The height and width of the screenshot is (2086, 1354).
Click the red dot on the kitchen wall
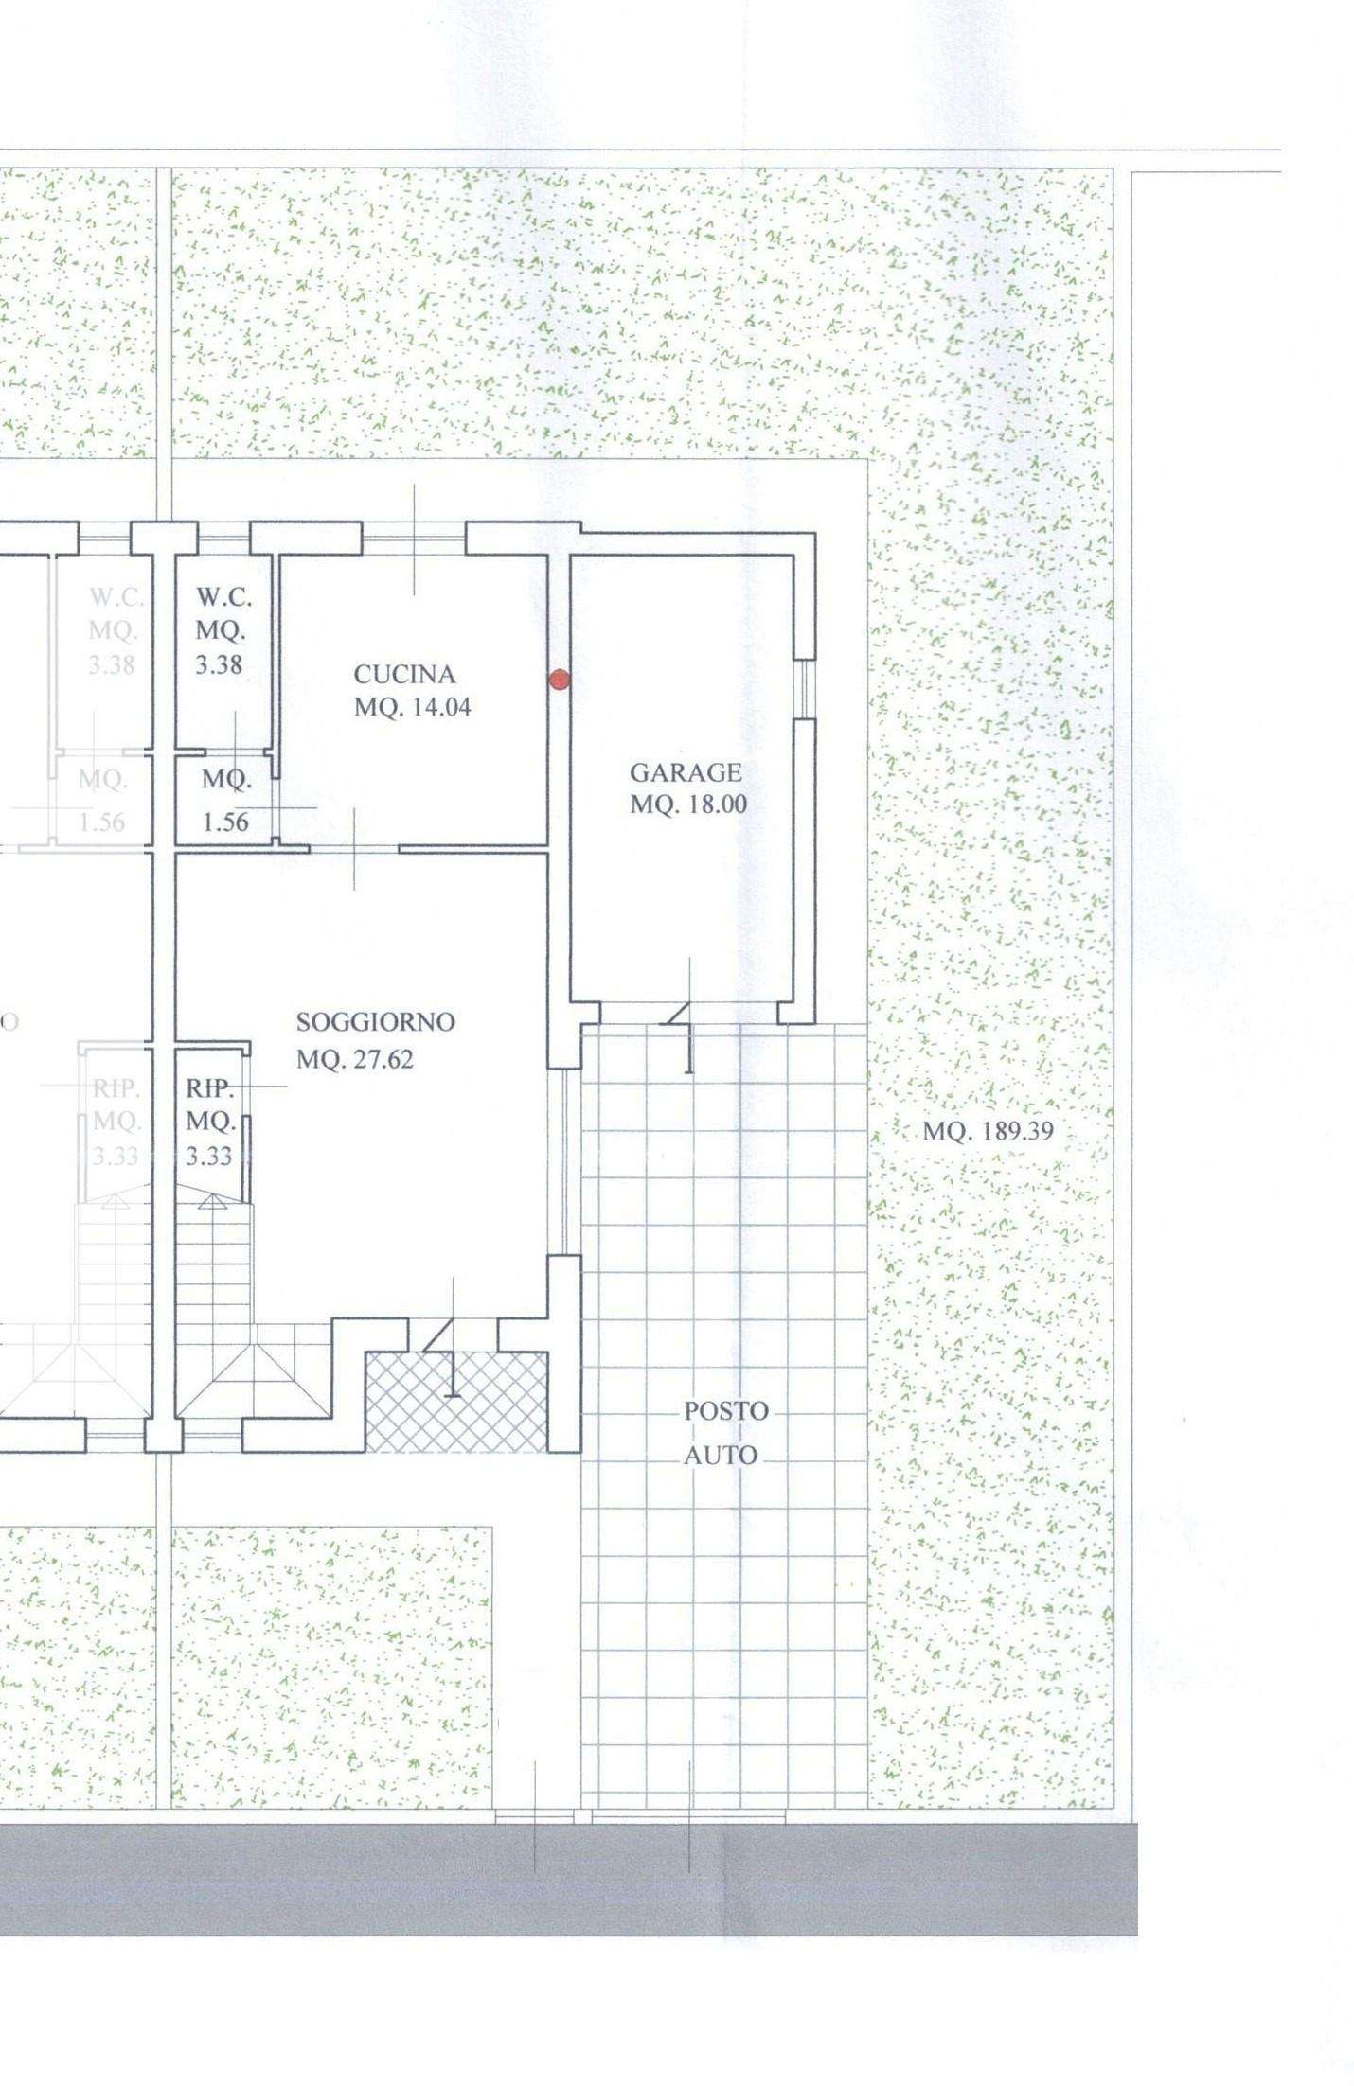(x=559, y=679)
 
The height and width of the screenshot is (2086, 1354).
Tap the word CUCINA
(x=404, y=675)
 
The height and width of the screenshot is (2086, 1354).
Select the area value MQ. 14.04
(x=413, y=707)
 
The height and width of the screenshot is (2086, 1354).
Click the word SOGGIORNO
(x=376, y=1022)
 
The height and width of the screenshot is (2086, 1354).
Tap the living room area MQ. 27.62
(x=355, y=1059)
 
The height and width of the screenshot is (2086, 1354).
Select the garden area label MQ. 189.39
(x=988, y=1130)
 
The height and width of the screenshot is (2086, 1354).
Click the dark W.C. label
(x=224, y=598)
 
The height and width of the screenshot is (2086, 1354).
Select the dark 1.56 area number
(x=225, y=822)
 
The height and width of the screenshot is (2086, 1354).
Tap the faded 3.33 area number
(x=116, y=1157)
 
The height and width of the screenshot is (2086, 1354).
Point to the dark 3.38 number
(x=220, y=665)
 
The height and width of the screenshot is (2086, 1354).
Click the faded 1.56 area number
(x=102, y=822)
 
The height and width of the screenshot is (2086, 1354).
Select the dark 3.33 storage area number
(x=209, y=1157)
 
